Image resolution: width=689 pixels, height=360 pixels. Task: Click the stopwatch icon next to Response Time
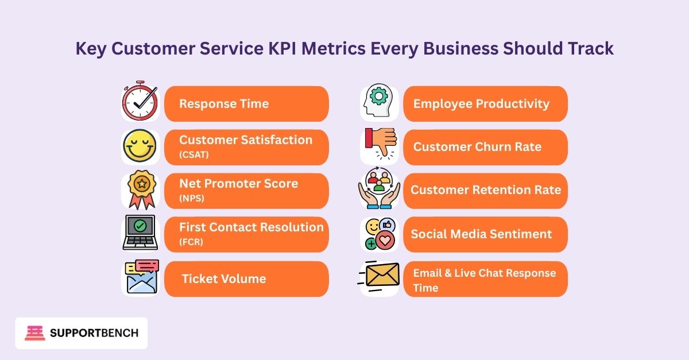pyautogui.click(x=140, y=102)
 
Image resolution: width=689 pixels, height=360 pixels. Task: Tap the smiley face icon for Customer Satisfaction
pyautogui.click(x=140, y=147)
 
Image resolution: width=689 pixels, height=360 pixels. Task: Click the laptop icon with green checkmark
pyautogui.click(x=140, y=233)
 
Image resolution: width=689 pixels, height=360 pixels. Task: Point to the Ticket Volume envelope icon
pyautogui.click(x=141, y=277)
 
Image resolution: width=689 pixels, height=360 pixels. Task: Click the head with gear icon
pyautogui.click(x=379, y=102)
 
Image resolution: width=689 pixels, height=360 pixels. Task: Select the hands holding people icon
pyautogui.click(x=379, y=190)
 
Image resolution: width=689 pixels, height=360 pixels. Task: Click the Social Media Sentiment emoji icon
pyautogui.click(x=379, y=234)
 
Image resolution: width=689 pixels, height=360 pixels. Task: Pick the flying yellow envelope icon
pyautogui.click(x=378, y=277)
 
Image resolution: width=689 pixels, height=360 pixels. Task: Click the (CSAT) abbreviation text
pyautogui.click(x=194, y=154)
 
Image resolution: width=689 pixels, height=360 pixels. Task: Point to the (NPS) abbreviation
pyautogui.click(x=192, y=198)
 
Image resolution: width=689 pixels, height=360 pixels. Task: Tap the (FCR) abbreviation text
pyautogui.click(x=191, y=242)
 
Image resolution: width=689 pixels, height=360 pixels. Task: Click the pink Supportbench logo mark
pyautogui.click(x=34, y=333)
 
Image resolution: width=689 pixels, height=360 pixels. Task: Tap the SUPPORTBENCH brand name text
pyautogui.click(x=95, y=333)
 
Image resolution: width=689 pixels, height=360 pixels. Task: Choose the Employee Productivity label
pyautogui.click(x=481, y=104)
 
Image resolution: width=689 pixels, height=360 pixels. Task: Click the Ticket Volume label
pyautogui.click(x=224, y=279)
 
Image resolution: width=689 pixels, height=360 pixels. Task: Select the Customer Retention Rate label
pyautogui.click(x=486, y=190)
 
